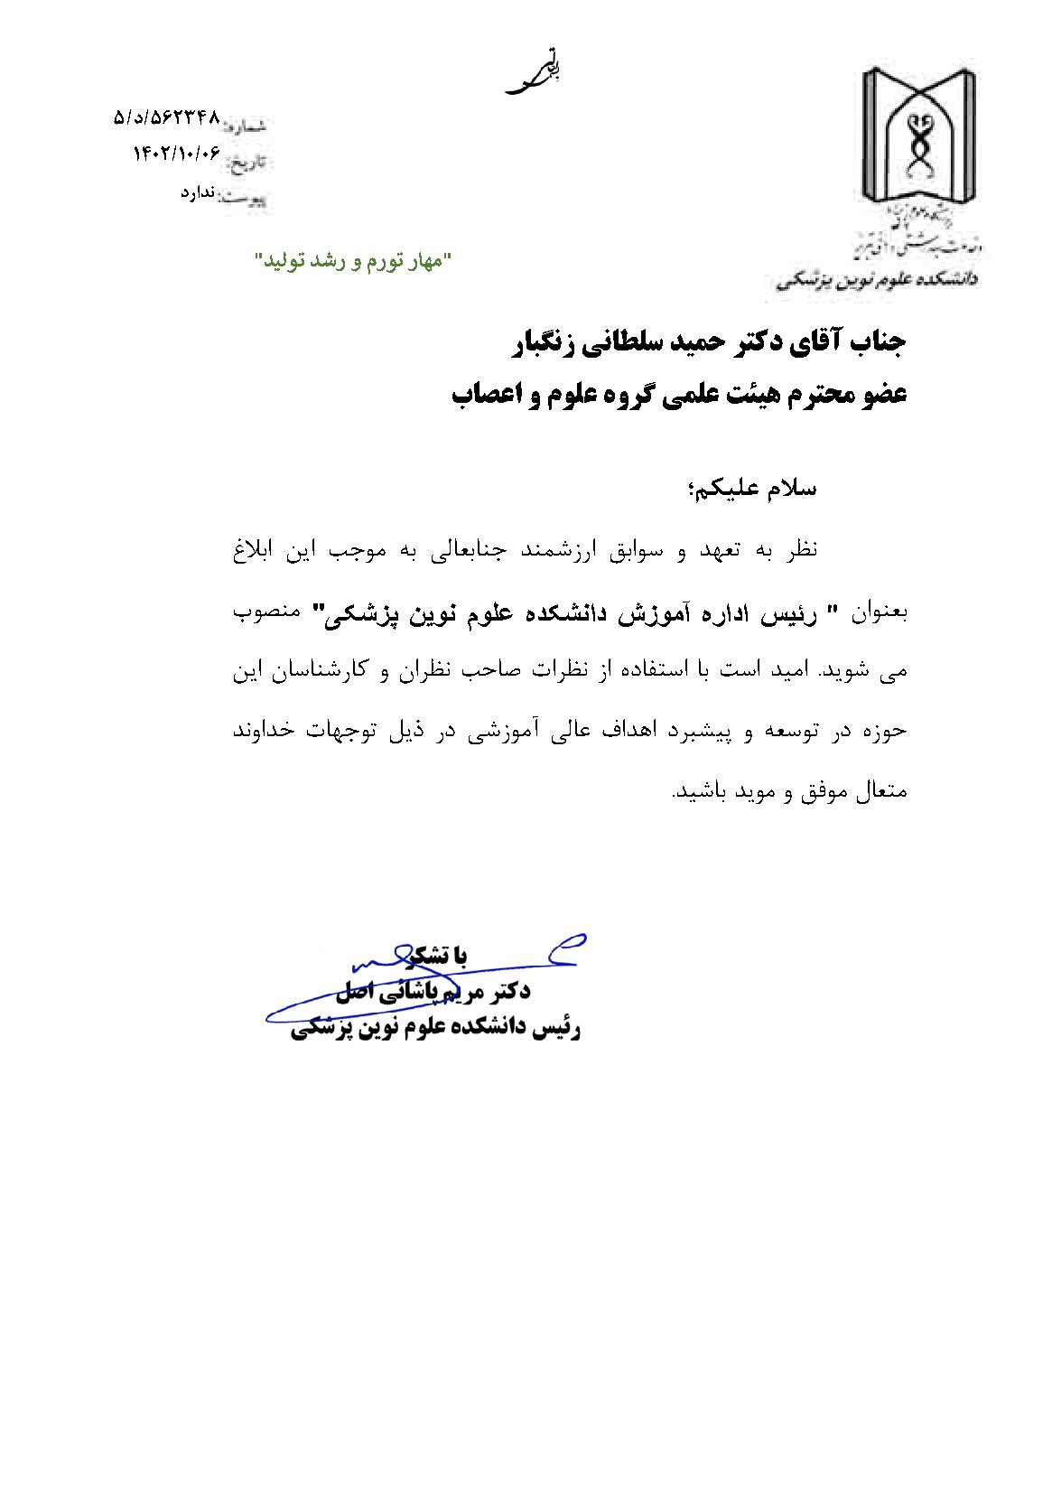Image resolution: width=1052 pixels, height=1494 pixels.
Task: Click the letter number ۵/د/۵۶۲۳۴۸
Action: tap(167, 117)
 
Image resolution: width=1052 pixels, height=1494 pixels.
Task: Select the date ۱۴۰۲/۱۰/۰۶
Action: tap(177, 154)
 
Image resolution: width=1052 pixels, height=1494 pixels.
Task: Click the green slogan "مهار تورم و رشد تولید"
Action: tap(353, 261)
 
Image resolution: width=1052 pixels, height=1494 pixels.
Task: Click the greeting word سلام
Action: tap(789, 490)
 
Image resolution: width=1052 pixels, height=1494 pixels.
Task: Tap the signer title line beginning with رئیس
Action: tap(436, 1028)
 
